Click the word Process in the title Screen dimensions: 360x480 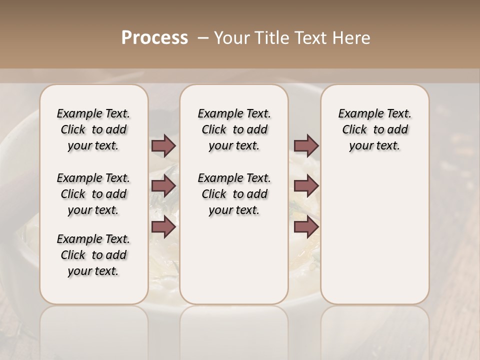point(154,38)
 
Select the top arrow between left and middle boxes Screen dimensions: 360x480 point(163,145)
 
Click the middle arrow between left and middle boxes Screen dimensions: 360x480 point(163,186)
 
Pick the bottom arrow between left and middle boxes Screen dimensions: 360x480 point(163,226)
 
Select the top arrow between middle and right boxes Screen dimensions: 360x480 point(306,145)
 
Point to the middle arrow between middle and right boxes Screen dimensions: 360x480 point(306,186)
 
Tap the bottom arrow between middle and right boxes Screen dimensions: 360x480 point(306,226)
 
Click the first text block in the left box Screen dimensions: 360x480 point(93,129)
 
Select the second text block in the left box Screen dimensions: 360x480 point(93,194)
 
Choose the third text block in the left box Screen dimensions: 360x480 point(93,255)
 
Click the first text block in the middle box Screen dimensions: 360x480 point(234,129)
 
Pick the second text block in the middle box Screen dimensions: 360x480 point(234,194)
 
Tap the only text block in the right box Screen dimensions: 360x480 point(374,129)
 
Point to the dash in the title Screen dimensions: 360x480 point(203,38)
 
